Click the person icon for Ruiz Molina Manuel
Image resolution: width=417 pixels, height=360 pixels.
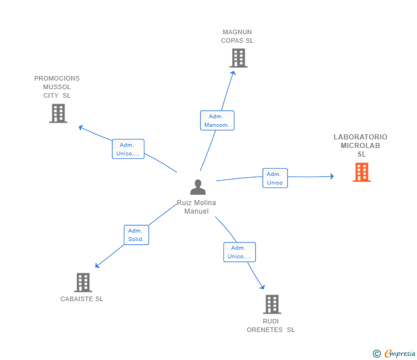198,187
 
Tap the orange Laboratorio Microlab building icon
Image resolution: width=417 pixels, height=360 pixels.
361,172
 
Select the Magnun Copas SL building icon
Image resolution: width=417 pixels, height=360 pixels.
238,58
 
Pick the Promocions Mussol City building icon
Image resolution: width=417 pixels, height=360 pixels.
58,113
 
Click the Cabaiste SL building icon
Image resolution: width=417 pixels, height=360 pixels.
83,282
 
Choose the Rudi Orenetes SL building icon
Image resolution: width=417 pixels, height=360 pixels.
272,304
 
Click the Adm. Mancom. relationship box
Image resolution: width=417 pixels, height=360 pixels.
217,121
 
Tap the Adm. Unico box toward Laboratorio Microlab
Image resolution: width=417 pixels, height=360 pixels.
275,178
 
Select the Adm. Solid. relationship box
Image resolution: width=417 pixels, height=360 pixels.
136,235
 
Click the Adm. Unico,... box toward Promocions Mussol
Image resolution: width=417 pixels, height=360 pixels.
128,149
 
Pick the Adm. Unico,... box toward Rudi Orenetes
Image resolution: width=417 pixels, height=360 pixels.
239,252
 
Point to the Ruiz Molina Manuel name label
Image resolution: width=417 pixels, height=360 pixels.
196,207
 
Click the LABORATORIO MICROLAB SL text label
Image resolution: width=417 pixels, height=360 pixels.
360,145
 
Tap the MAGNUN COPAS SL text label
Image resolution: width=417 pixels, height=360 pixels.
237,37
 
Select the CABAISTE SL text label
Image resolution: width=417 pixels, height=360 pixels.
82,299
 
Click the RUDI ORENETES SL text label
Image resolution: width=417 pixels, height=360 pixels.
270,325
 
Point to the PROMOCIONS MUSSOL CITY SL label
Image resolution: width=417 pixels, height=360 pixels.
57,87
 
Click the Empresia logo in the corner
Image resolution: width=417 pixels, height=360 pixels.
400,354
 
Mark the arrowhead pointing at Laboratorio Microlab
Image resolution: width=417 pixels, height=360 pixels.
331,177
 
